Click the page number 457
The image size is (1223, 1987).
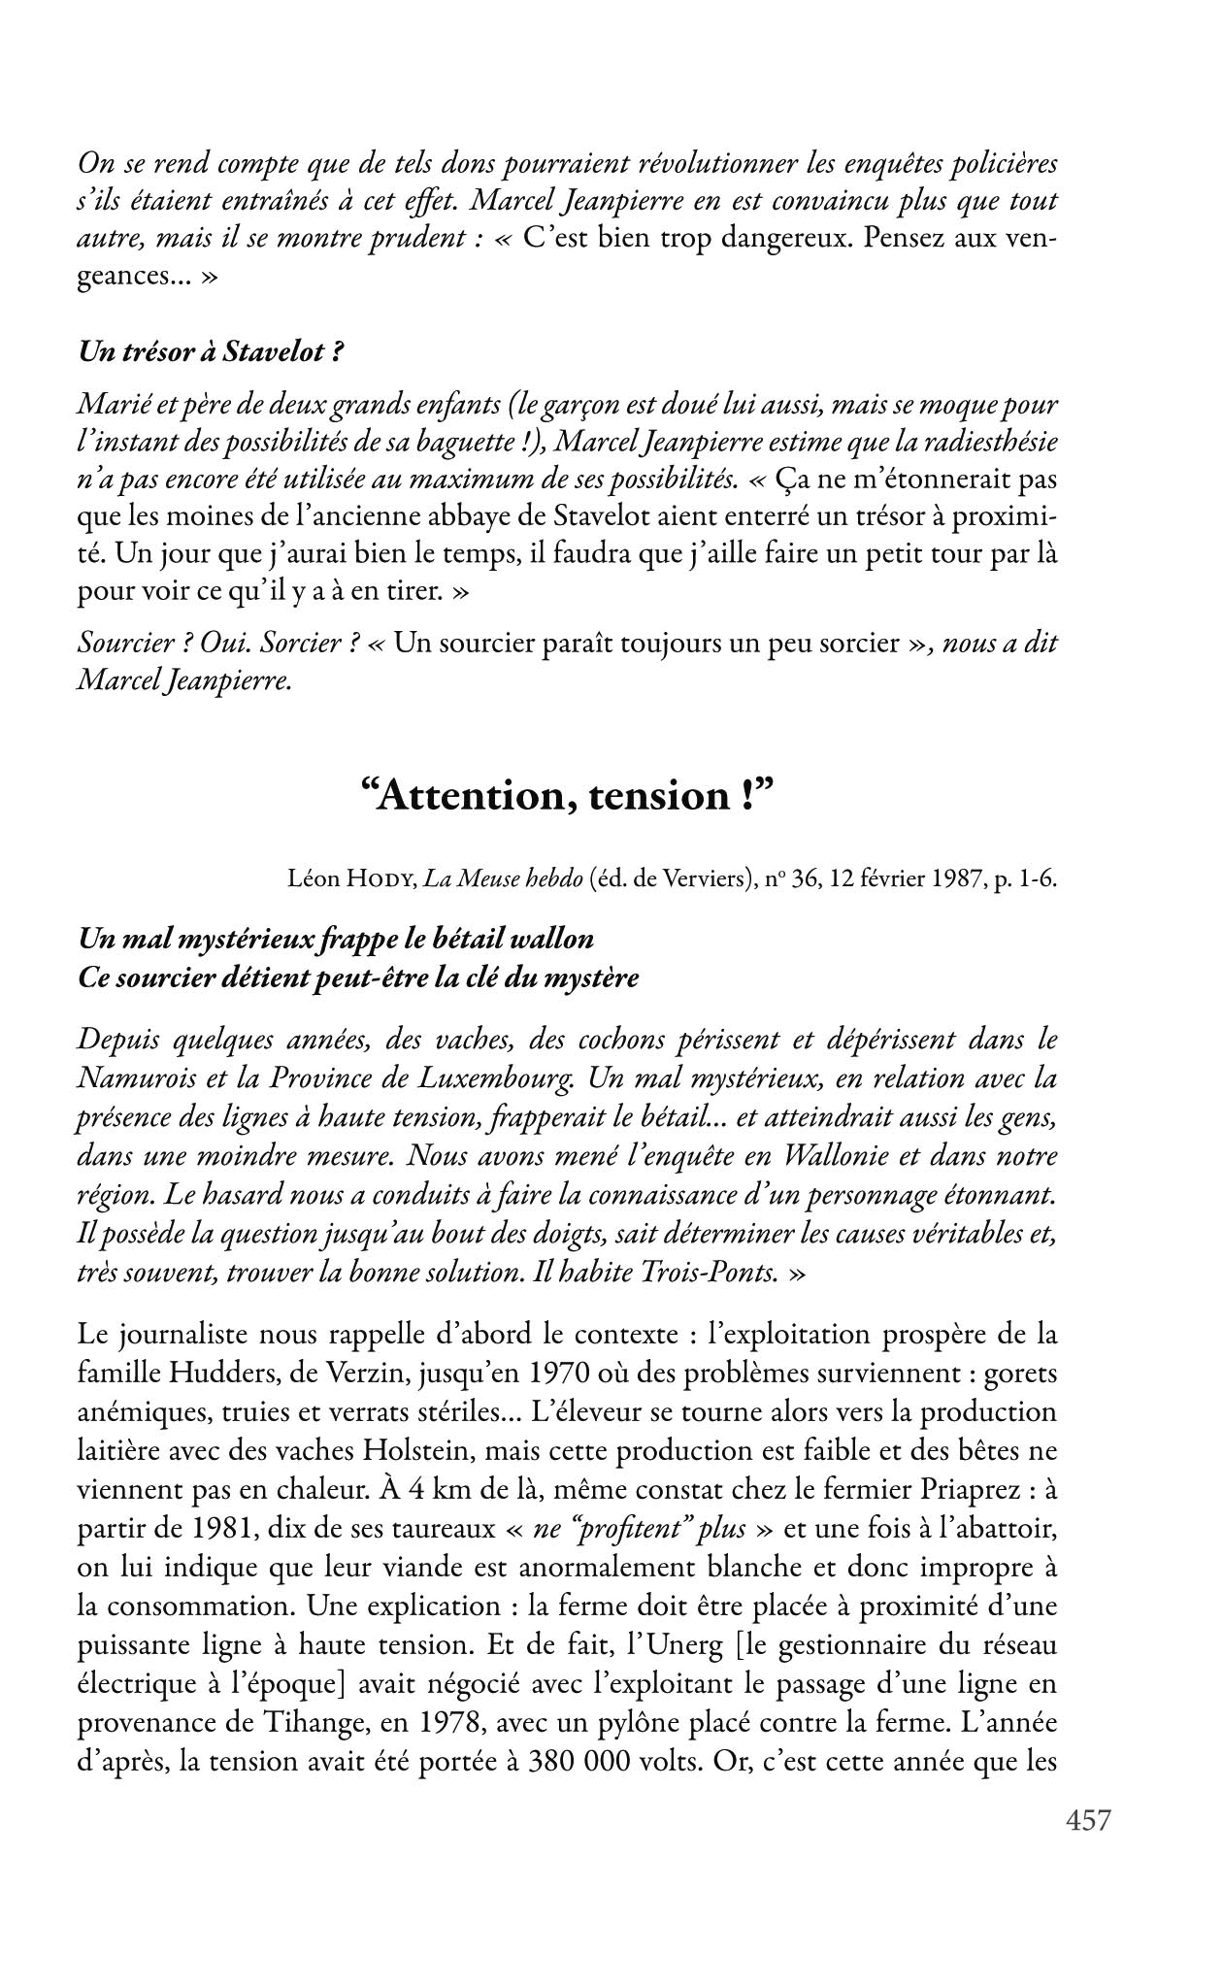(x=1087, y=1820)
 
